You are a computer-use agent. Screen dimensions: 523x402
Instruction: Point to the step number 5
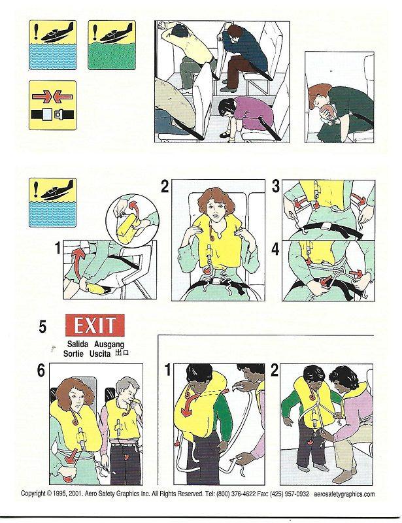click(42, 325)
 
